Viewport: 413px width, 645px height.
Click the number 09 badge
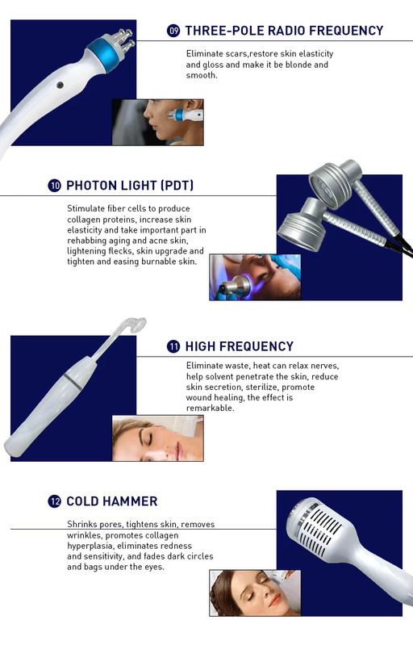(173, 31)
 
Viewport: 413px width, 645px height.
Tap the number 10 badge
(54, 186)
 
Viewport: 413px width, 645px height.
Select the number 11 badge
(173, 346)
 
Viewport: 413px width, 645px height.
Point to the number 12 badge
(54, 501)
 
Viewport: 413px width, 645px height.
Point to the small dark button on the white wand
(60, 86)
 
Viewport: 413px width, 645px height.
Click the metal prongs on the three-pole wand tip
(123, 39)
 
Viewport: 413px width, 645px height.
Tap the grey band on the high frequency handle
(73, 381)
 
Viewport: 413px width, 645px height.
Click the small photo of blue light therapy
(255, 277)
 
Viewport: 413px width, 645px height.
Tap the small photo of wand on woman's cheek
(158, 122)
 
